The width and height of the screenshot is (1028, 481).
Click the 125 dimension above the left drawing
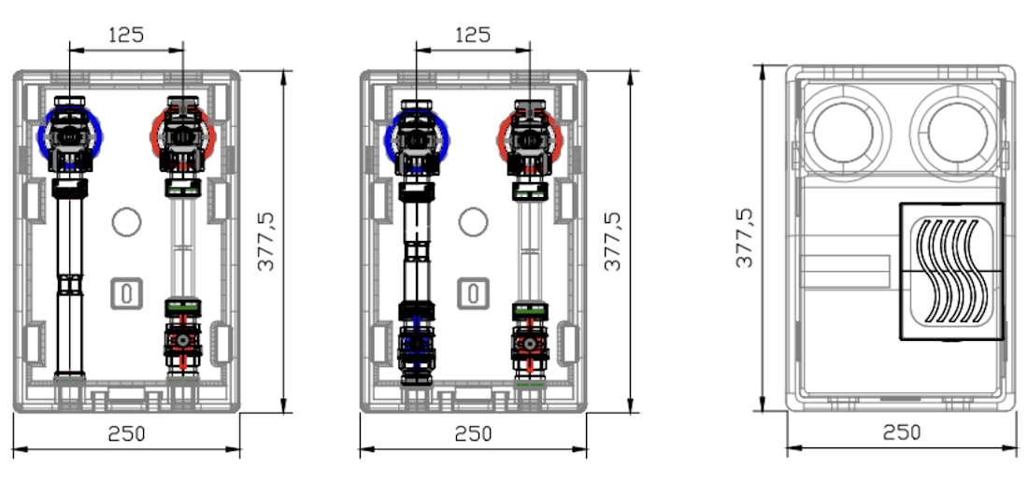point(126,34)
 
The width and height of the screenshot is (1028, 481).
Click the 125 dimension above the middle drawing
point(473,34)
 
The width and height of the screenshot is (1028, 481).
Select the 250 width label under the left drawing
point(126,433)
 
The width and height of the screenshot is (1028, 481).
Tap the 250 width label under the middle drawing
point(474,433)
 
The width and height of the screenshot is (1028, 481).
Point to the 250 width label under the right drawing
point(902,432)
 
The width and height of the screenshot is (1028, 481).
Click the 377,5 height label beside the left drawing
point(266,241)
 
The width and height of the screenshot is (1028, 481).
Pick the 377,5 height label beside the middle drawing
point(613,241)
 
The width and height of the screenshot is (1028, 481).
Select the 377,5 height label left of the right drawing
point(744,237)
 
